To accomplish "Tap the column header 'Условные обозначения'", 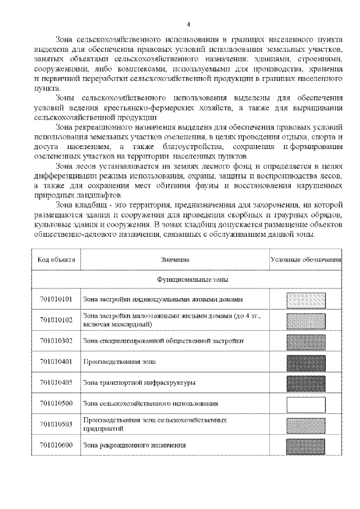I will click(x=306, y=259).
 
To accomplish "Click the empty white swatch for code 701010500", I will click(x=306, y=404).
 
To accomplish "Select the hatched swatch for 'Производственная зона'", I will click(x=306, y=362).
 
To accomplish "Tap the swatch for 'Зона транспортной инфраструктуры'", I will click(x=306, y=383).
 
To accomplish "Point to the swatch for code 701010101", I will click(x=306, y=299).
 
